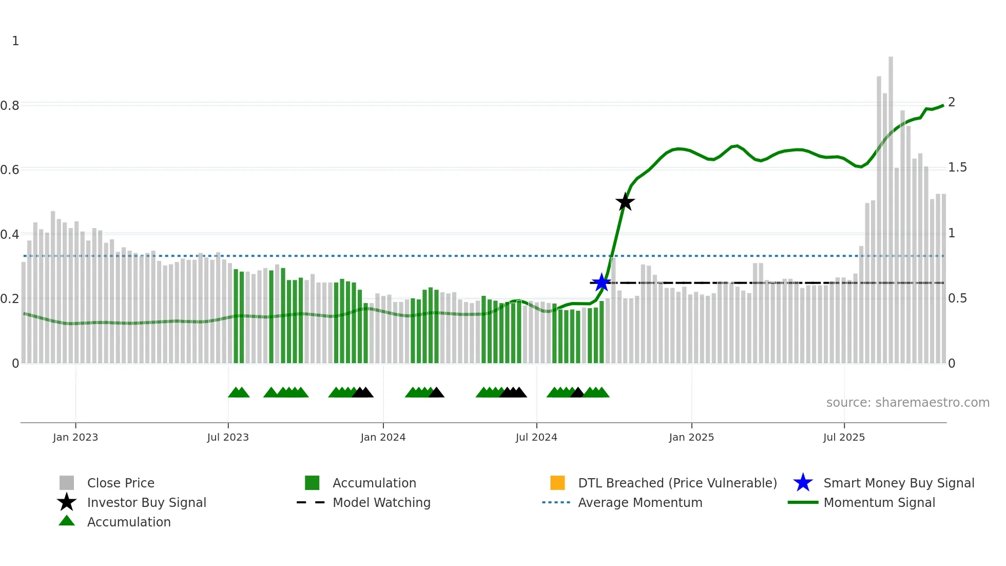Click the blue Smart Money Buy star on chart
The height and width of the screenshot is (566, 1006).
point(601,282)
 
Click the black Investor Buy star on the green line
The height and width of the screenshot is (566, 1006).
point(625,202)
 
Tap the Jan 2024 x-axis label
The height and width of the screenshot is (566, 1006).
point(383,437)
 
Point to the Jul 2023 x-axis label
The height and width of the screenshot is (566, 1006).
point(228,437)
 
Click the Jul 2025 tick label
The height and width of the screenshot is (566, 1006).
point(844,437)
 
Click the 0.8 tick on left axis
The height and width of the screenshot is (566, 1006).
point(10,106)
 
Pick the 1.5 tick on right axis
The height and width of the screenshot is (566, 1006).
point(957,167)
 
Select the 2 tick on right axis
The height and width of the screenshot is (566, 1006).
point(952,102)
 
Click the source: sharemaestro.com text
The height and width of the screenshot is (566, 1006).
point(907,403)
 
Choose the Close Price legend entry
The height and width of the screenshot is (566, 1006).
point(121,483)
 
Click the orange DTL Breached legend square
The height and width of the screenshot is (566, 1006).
point(557,483)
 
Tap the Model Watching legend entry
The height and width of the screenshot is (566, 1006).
point(381,502)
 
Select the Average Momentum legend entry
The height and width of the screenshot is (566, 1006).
point(640,502)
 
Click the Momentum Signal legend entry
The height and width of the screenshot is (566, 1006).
point(879,502)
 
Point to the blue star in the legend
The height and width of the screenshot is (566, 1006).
point(803,483)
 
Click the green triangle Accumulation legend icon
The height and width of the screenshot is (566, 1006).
point(67,521)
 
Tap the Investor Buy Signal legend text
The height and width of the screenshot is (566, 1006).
point(146,502)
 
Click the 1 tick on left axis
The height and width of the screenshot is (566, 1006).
point(15,41)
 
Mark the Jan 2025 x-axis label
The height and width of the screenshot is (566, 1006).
point(691,437)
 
